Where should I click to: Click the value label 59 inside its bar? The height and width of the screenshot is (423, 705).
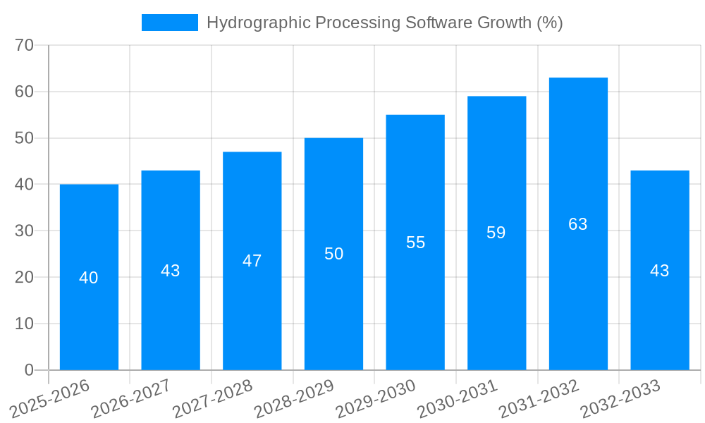[x=496, y=233]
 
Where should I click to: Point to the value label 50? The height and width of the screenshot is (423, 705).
[x=334, y=254]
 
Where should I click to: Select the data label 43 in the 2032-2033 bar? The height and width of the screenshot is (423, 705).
[x=660, y=271]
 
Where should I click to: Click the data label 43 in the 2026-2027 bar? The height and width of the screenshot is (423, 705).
[x=171, y=271]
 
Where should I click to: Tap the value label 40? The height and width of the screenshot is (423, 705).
[x=89, y=278]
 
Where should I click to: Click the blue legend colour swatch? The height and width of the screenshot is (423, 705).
[x=170, y=23]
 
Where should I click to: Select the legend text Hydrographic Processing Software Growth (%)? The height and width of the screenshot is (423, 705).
[x=384, y=23]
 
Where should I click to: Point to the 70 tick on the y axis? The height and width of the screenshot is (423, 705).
[x=25, y=45]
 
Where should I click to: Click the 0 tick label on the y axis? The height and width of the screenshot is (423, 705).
[x=29, y=370]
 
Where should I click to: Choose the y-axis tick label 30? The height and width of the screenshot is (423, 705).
[x=25, y=231]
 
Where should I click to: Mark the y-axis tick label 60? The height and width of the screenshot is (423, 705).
[x=25, y=92]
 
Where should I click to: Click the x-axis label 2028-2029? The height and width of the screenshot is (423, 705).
[x=294, y=399]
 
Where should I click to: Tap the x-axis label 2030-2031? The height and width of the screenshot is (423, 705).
[x=458, y=399]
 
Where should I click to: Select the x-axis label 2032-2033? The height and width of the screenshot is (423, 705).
[x=620, y=399]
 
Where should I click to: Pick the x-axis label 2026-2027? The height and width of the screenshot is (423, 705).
[x=131, y=399]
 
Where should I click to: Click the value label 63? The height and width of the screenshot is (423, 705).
[x=578, y=224]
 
